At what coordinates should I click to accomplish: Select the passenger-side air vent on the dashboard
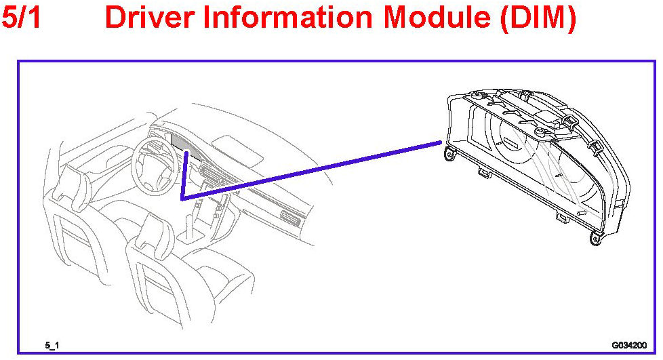point(291,218)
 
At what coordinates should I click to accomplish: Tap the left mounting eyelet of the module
point(448,155)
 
